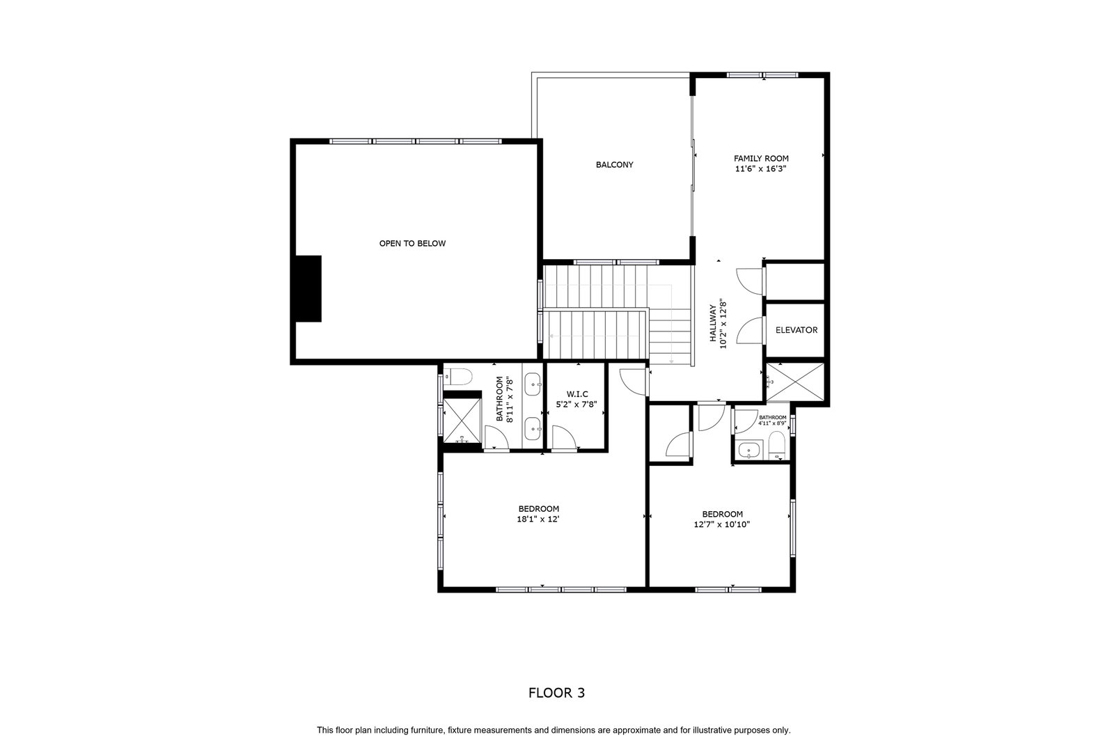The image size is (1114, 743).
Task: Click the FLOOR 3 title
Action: tap(556, 693)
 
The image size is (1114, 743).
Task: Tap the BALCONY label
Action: tap(615, 164)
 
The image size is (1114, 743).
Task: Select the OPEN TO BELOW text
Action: tap(412, 243)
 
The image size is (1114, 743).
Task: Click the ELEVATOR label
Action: tap(797, 330)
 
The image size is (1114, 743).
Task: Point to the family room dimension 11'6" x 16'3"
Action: tap(761, 169)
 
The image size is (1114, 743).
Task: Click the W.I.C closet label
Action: tap(577, 394)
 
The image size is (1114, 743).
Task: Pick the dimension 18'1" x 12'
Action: tap(538, 519)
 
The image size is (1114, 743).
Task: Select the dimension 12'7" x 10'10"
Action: tap(721, 524)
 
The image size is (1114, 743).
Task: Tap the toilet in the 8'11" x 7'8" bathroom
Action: tap(457, 377)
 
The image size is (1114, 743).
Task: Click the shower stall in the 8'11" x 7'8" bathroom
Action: tap(462, 420)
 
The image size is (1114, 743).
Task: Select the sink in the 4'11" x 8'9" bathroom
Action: tap(748, 451)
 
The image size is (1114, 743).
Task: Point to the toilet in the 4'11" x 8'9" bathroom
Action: tap(776, 444)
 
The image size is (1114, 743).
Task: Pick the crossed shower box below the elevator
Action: tap(794, 382)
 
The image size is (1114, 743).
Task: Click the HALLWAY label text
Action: tap(713, 323)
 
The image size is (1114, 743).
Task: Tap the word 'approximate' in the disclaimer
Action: tap(636, 730)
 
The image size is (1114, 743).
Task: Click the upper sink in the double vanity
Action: tap(533, 384)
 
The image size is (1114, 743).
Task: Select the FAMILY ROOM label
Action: tap(761, 159)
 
